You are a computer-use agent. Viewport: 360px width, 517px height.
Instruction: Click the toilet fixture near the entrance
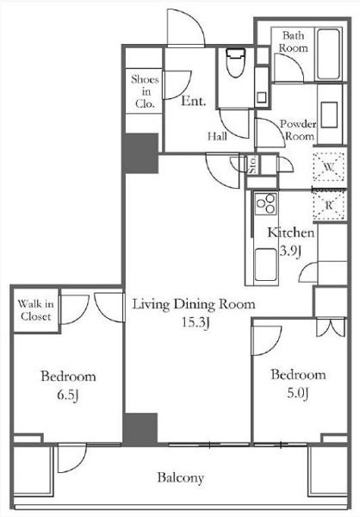(x=236, y=63)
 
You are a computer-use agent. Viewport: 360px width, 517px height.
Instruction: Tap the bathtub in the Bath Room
(x=328, y=54)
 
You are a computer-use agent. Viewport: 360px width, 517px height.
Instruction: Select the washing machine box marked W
(x=329, y=167)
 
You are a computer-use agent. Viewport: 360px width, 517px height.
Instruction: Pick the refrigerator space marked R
(x=329, y=205)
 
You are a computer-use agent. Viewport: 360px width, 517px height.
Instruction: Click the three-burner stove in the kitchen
(x=266, y=204)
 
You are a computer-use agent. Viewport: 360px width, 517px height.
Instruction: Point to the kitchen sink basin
(x=266, y=265)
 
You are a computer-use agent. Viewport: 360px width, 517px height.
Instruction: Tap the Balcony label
(x=180, y=477)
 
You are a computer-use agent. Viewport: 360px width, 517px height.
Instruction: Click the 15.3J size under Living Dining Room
(x=196, y=322)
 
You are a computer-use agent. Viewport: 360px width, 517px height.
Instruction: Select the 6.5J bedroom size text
(x=67, y=395)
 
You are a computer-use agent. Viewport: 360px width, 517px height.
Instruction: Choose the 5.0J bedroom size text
(x=298, y=393)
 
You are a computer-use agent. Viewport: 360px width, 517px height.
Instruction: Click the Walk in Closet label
(x=35, y=310)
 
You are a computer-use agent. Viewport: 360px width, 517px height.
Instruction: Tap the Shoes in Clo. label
(x=145, y=91)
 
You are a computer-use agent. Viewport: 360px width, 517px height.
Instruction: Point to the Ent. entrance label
(x=194, y=101)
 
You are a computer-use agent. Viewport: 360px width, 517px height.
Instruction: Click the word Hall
(x=217, y=136)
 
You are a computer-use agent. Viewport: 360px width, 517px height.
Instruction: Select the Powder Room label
(x=298, y=130)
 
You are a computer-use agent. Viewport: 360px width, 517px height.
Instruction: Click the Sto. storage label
(x=253, y=165)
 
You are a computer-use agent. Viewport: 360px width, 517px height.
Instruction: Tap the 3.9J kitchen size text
(x=290, y=252)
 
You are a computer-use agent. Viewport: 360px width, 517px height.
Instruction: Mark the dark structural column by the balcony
(x=140, y=429)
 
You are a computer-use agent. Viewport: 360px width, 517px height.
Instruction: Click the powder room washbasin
(x=329, y=115)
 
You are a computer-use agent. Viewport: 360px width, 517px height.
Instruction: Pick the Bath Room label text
(x=294, y=41)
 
